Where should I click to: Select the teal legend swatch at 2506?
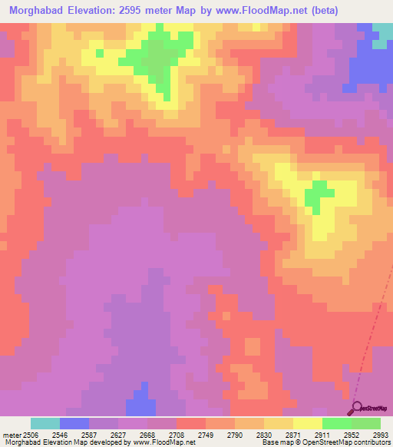[x=45, y=423]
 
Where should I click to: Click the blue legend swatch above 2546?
[x=74, y=423]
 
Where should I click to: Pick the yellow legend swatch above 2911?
[x=308, y=423]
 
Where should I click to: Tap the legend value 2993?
[x=378, y=434]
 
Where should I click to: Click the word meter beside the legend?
[x=12, y=434]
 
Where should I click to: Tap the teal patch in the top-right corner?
[x=381, y=35]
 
